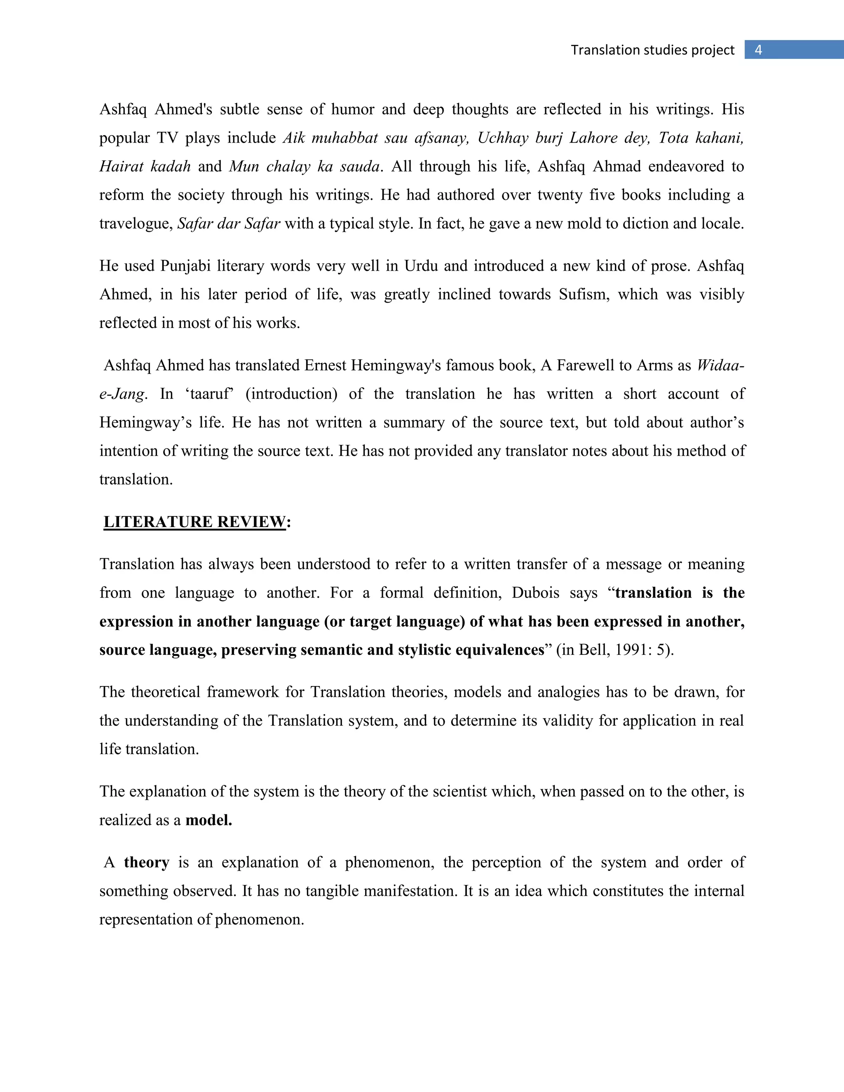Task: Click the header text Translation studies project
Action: tap(652, 50)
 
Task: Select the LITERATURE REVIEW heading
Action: tap(195, 522)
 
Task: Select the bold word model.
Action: tap(209, 820)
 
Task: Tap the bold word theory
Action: tap(146, 862)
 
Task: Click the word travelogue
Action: tap(136, 223)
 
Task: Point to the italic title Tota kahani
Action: tap(701, 138)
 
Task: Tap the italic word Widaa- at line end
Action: tap(720, 366)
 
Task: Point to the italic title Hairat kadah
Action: tap(145, 166)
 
